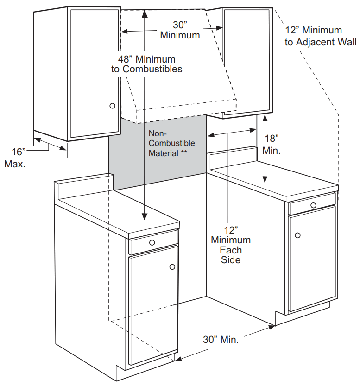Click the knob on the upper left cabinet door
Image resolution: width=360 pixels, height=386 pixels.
[112, 106]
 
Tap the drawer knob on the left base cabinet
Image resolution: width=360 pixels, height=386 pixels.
[152, 242]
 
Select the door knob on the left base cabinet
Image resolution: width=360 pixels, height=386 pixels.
[172, 267]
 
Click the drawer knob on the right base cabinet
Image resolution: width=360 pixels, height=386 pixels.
[314, 205]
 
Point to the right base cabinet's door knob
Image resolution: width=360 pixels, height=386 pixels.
[297, 235]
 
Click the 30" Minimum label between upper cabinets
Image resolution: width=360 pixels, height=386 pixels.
[180, 30]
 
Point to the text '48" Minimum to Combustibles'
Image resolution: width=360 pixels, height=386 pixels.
[146, 64]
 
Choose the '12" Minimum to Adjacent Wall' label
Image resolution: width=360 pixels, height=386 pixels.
[320, 36]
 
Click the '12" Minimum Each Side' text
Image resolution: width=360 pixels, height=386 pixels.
[231, 245]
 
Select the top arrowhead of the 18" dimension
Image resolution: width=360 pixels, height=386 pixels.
[265, 118]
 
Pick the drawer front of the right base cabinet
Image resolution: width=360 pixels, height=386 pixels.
[311, 204]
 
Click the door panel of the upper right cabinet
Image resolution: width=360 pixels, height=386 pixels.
[247, 60]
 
